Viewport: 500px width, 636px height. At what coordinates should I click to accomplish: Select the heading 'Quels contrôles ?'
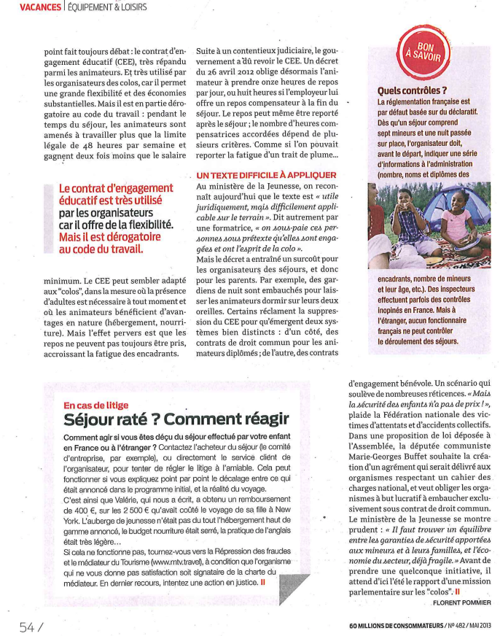(x=413, y=90)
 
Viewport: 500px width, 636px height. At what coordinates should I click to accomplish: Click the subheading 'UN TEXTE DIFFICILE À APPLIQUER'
(x=266, y=176)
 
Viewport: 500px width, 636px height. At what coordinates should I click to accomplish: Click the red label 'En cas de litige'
(x=95, y=404)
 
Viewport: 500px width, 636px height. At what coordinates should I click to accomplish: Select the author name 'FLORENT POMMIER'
(x=462, y=602)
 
